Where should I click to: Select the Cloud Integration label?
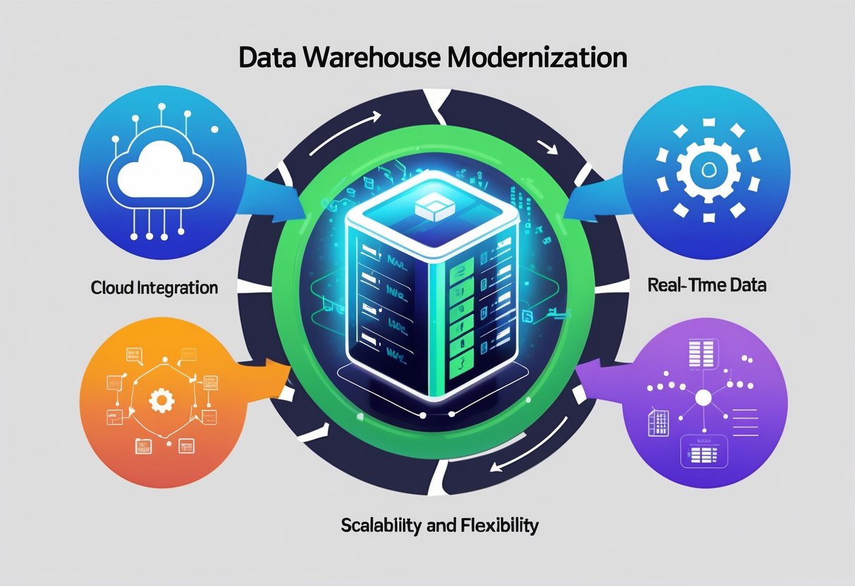click(x=154, y=287)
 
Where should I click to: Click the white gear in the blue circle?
click(x=708, y=170)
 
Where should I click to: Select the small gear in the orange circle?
click(x=163, y=401)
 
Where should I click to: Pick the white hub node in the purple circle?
click(x=703, y=399)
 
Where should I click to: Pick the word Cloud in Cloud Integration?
click(x=110, y=287)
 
